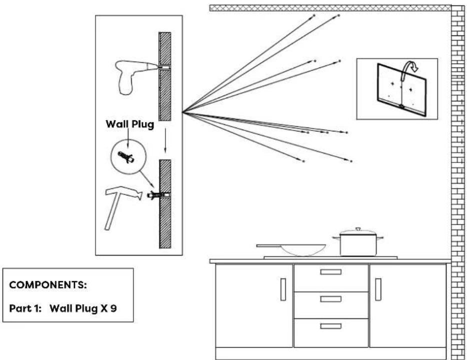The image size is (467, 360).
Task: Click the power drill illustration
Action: point(131,75)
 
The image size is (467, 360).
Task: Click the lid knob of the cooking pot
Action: point(358,229)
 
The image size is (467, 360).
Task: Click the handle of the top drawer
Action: point(330,272)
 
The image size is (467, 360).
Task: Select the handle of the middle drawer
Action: point(330,298)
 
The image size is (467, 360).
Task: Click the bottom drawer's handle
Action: point(330,325)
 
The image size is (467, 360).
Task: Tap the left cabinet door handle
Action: point(283,289)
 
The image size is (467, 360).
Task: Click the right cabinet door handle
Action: point(377,289)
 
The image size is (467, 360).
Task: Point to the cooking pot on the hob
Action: point(358,244)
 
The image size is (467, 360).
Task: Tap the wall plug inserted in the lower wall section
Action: point(158,194)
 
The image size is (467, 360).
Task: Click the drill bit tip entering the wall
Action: point(163,66)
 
